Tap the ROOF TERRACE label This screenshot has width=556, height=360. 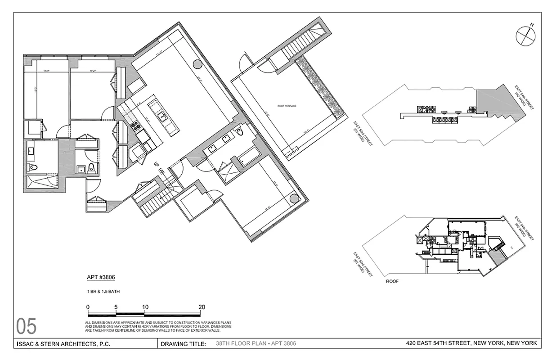pyautogui.click(x=287, y=106)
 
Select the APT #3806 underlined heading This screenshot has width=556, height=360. pyautogui.click(x=98, y=278)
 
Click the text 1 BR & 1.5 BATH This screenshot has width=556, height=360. pyautogui.click(x=103, y=292)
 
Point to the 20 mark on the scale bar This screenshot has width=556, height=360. pyautogui.click(x=201, y=307)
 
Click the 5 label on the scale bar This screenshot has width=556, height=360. pyautogui.click(x=117, y=307)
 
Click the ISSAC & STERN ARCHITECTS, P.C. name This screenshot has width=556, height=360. pyautogui.click(x=63, y=344)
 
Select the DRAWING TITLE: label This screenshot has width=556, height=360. pyautogui.click(x=183, y=344)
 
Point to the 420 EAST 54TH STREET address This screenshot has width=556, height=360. pyautogui.click(x=471, y=344)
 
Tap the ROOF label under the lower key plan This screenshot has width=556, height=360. pyautogui.click(x=392, y=281)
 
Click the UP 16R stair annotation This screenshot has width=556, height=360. pyautogui.click(x=160, y=168)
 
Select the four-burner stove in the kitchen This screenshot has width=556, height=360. pyautogui.click(x=135, y=126)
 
